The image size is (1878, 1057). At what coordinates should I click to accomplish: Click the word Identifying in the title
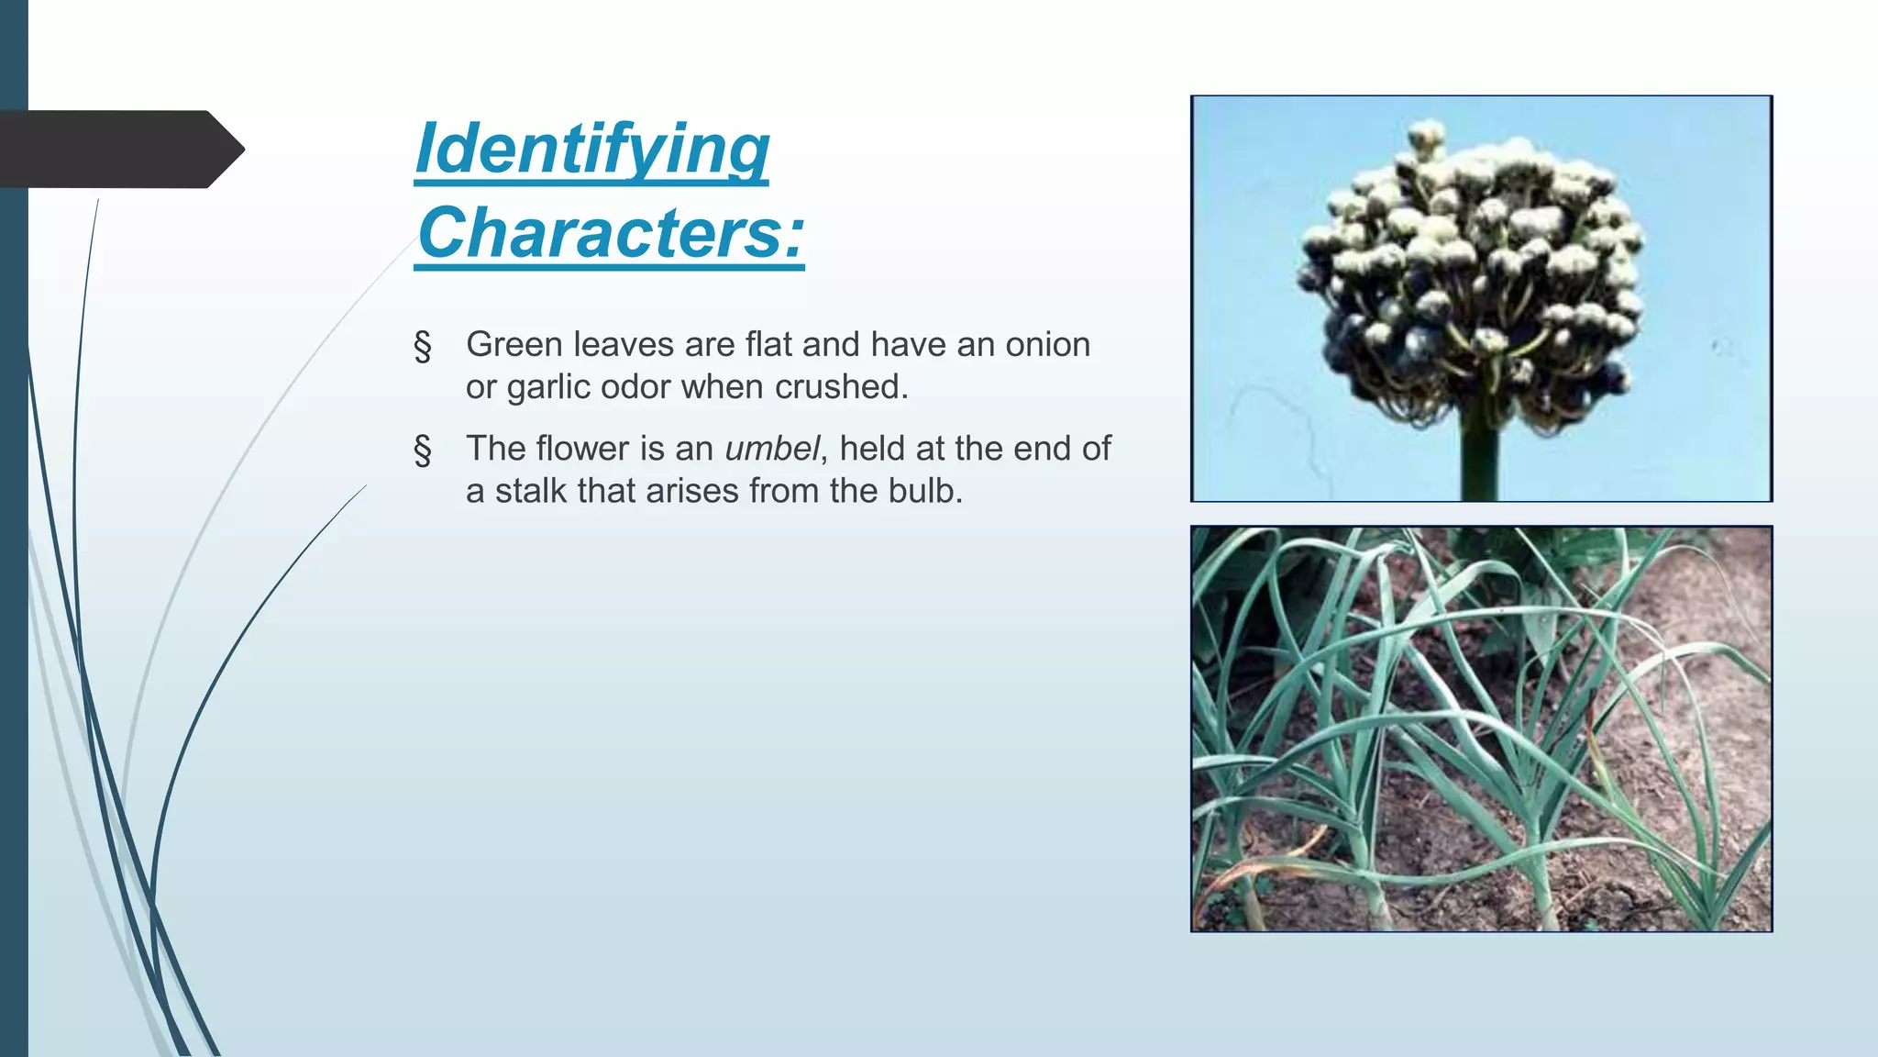[591, 149]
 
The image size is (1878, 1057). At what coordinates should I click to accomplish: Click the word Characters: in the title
[610, 233]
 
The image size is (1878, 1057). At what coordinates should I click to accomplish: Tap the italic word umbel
[771, 449]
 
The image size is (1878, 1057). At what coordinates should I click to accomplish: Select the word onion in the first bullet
[1048, 345]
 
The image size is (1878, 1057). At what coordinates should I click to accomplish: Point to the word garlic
[548, 388]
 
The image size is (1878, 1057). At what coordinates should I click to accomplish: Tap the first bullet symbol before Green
[423, 347]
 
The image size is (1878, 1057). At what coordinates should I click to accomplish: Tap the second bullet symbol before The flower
[423, 451]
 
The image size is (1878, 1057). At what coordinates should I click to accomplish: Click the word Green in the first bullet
[514, 345]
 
